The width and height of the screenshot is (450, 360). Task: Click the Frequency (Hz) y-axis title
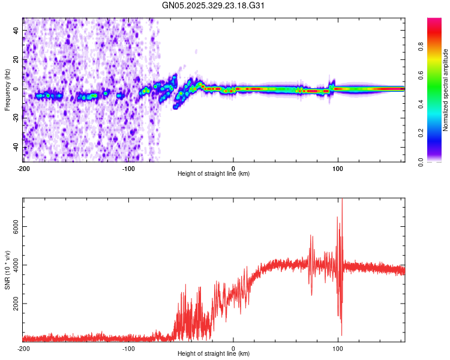[x=7, y=90]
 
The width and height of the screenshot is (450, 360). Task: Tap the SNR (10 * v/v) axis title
[x=7, y=270]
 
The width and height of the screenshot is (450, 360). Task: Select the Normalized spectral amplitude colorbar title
[x=446, y=90]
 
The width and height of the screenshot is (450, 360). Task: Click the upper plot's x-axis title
[x=214, y=173]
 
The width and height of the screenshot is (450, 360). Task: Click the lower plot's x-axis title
[x=214, y=353]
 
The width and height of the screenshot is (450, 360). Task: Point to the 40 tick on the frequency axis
[x=16, y=31]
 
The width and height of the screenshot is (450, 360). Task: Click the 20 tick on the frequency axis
[x=16, y=60]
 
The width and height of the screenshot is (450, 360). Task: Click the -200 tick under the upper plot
[x=23, y=168]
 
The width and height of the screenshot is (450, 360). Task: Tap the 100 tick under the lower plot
[x=338, y=348]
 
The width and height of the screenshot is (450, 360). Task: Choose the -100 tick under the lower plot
[x=128, y=348]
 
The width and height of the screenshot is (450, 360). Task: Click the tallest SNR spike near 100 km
[x=342, y=200]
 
